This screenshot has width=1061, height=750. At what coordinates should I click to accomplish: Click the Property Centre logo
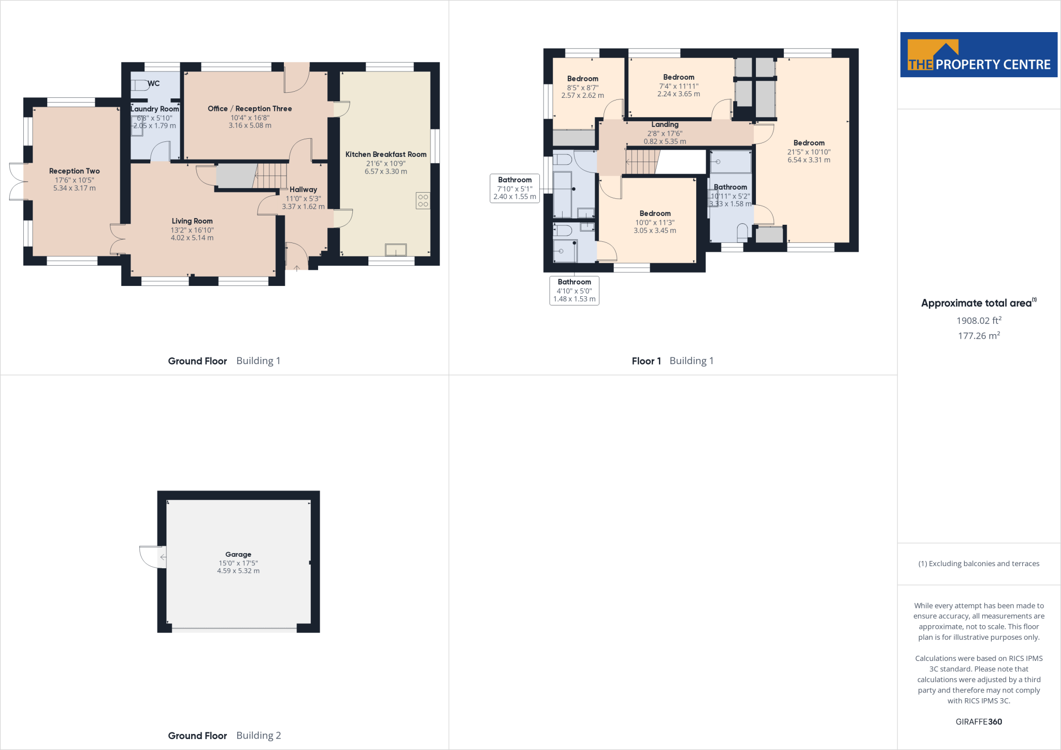[x=978, y=55]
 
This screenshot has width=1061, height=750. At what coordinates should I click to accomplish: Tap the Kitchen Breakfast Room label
[x=386, y=154]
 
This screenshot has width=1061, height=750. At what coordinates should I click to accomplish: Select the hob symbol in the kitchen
[x=423, y=200]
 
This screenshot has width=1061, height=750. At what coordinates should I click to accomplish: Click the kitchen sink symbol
[x=395, y=250]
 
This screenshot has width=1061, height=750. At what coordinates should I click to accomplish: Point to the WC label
[x=153, y=83]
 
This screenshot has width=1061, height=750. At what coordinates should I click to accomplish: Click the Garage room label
[x=238, y=554]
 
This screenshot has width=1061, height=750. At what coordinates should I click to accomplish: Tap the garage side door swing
[x=152, y=557]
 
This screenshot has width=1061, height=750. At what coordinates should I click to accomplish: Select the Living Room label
[x=192, y=221]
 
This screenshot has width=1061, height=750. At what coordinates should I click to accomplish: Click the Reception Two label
[x=75, y=171]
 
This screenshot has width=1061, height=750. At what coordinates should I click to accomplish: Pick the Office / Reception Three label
[x=250, y=109]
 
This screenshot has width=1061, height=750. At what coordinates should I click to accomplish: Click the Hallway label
[x=303, y=190]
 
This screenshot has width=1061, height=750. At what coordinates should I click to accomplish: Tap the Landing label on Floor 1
[x=665, y=124]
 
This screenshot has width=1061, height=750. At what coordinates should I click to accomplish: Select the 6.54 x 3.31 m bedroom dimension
[x=809, y=160]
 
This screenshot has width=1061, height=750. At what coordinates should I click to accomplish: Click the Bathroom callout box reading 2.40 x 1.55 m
[x=514, y=188]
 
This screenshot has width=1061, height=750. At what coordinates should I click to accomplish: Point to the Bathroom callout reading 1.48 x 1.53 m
[x=574, y=291]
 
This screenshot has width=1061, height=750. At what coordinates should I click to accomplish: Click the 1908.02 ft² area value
[x=979, y=321]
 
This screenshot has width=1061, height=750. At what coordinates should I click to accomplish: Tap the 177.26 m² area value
[x=979, y=336]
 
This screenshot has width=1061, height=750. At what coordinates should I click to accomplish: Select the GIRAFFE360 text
[x=979, y=722]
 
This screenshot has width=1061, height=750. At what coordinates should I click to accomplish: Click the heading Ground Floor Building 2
[x=224, y=735]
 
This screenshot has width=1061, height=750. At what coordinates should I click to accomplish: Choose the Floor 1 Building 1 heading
[x=672, y=361]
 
